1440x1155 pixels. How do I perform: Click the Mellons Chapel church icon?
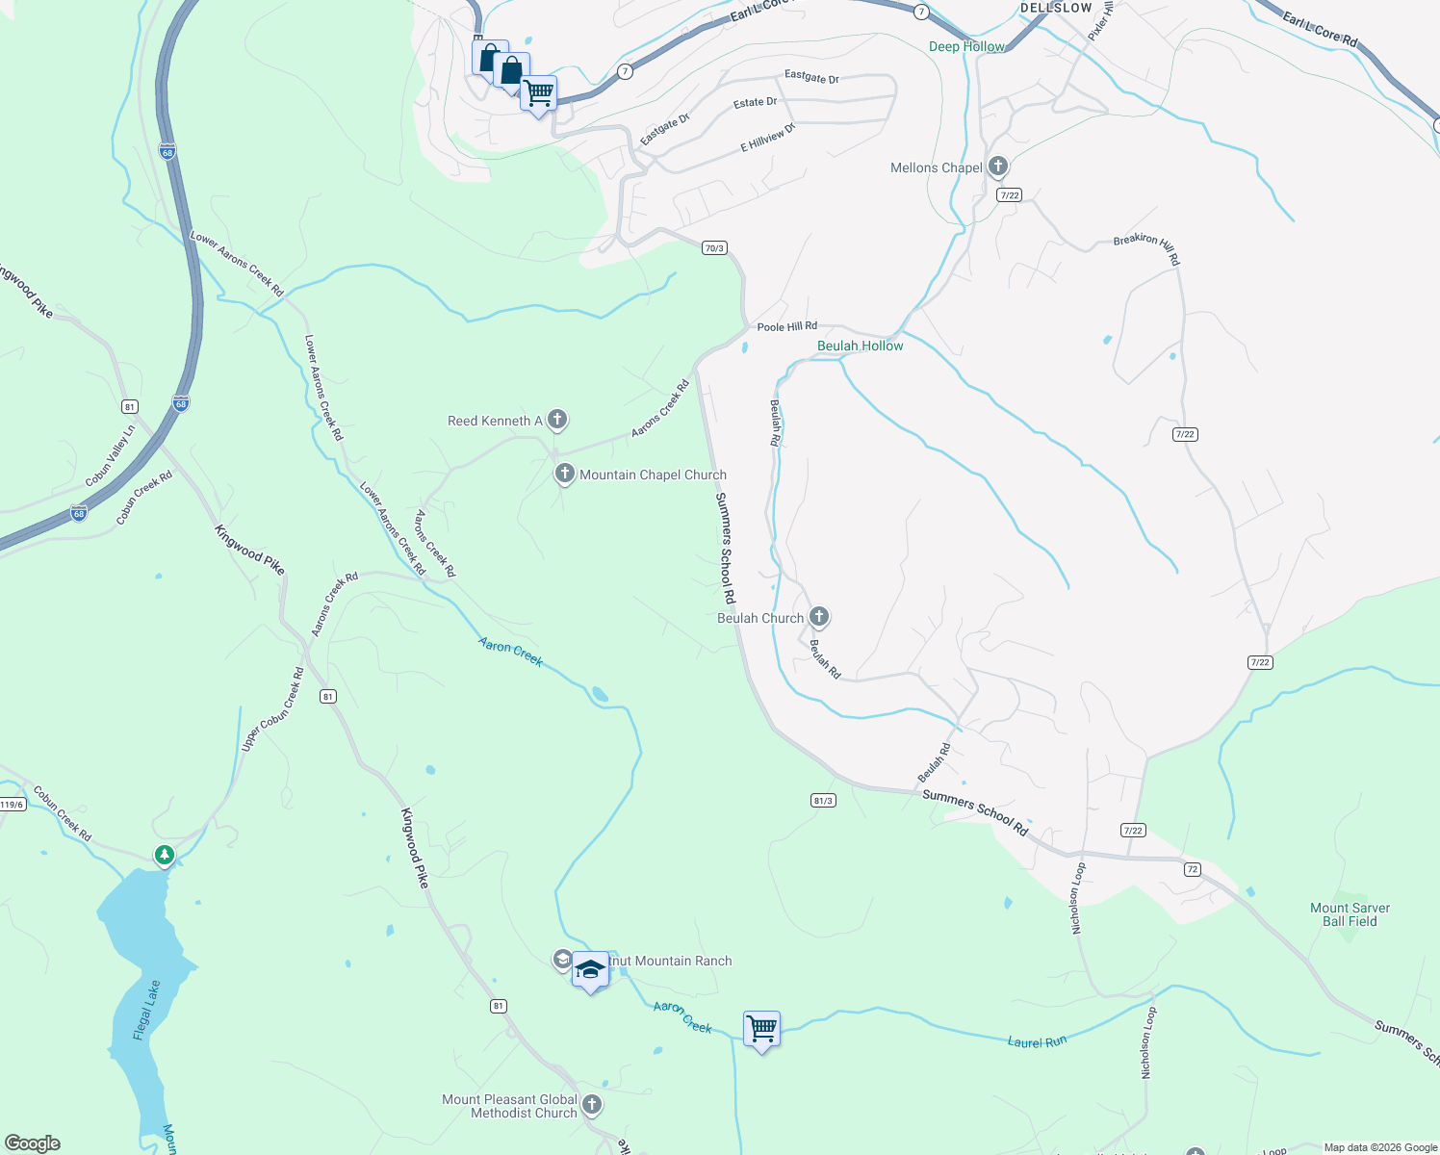pos(997,167)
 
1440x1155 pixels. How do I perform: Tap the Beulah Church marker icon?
pos(818,616)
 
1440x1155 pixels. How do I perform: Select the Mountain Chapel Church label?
pos(653,475)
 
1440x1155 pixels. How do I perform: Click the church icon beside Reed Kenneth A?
pos(556,420)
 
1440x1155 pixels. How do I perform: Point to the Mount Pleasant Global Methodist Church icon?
pos(592,1105)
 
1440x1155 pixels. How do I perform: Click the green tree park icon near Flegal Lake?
pos(165,854)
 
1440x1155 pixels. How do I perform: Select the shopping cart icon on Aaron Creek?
pos(761,1029)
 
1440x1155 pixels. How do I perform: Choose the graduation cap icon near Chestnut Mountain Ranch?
pos(590,969)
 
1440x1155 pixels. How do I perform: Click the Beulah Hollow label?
pos(860,346)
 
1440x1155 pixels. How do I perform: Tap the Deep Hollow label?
pos(966,46)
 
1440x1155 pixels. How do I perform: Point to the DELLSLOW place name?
pos(1056,8)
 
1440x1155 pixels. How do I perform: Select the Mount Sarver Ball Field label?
pos(1350,914)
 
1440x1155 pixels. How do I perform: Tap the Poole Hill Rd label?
pos(786,327)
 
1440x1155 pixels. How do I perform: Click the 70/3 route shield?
pos(713,248)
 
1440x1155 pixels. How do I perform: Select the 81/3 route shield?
pos(823,800)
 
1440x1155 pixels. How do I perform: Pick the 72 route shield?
pos(1193,869)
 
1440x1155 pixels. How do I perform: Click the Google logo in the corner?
pos(33,1142)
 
